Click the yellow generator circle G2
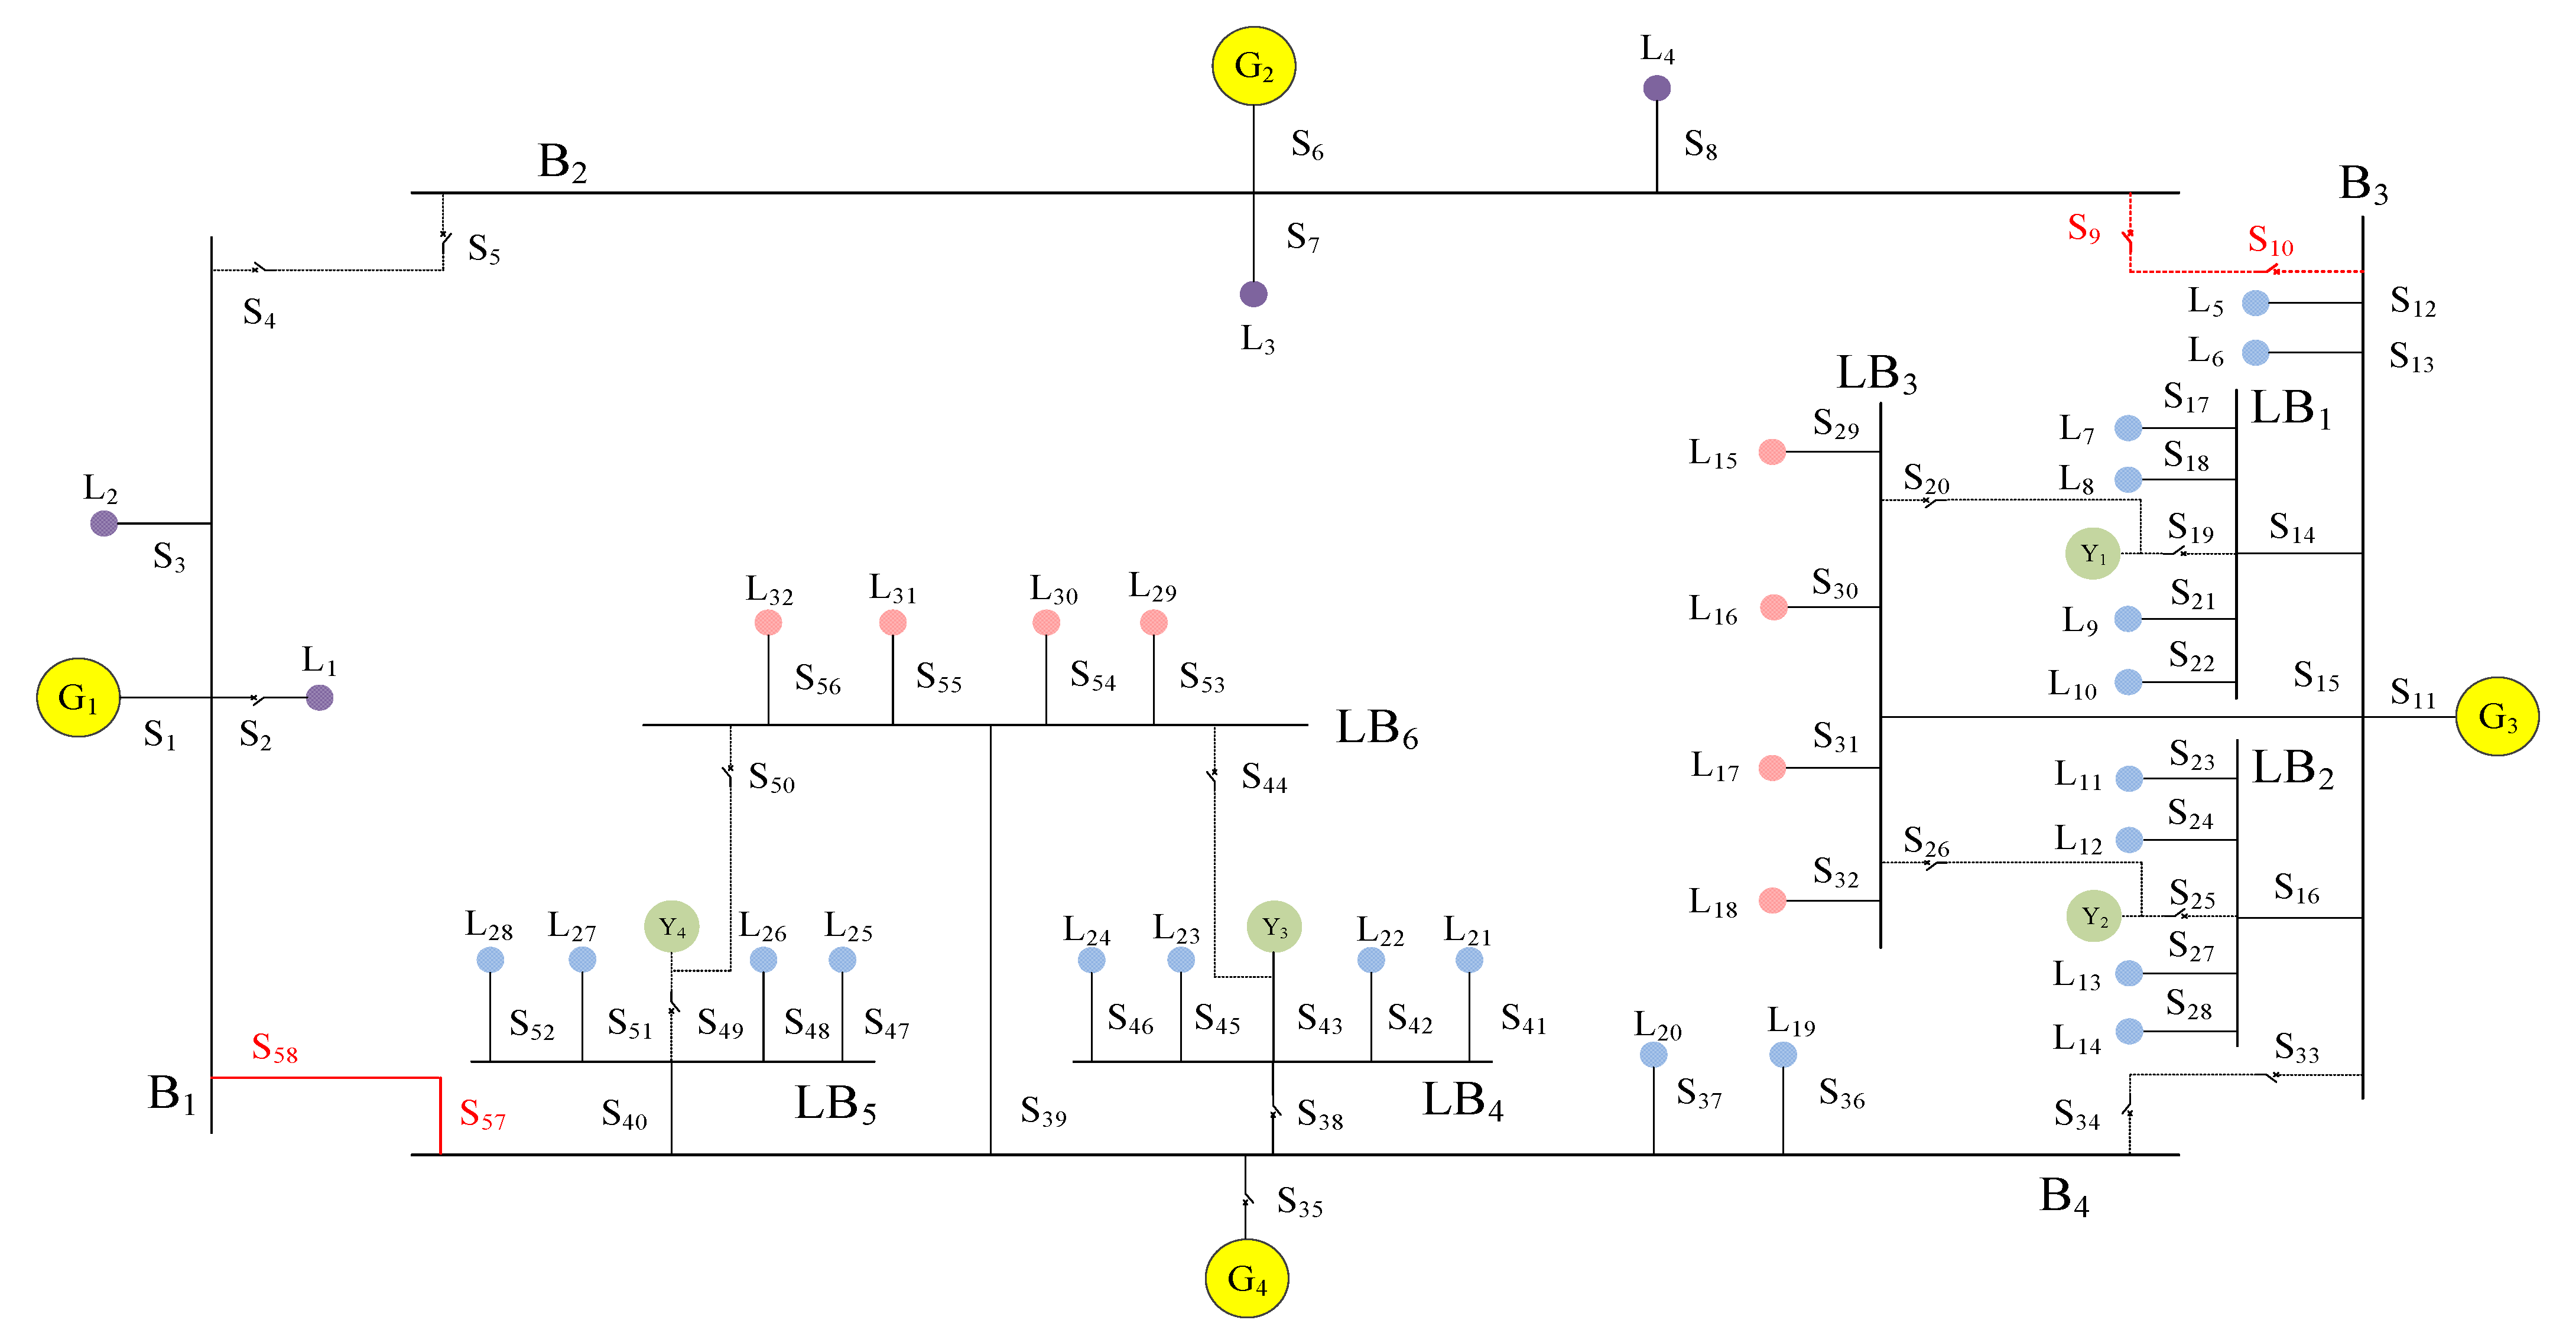(x=1253, y=66)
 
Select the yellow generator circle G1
(x=77, y=697)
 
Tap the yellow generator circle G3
(x=2496, y=716)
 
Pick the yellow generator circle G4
(x=1246, y=1278)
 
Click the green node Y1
(x=2092, y=554)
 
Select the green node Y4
(x=671, y=926)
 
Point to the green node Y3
(x=1274, y=926)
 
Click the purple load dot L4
(x=1656, y=89)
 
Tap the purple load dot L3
(x=1253, y=294)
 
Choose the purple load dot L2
(x=103, y=523)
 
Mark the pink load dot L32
(x=768, y=623)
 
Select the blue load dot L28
(x=490, y=960)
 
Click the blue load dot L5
(x=2255, y=303)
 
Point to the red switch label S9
(x=2083, y=228)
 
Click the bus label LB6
(x=1376, y=729)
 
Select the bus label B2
(x=562, y=161)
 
